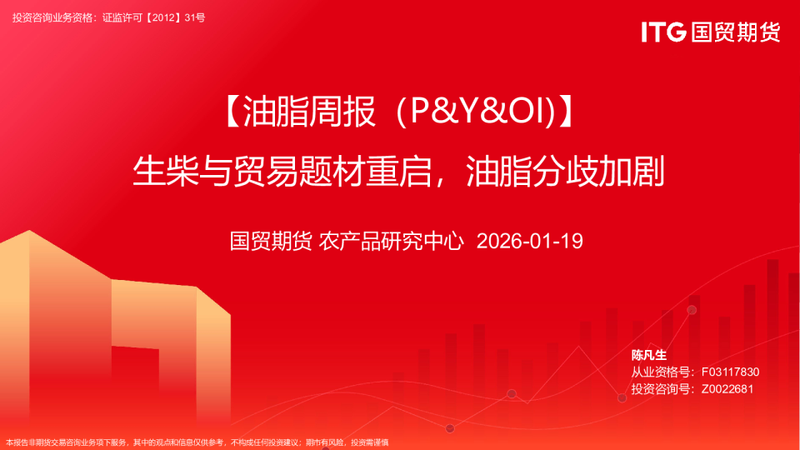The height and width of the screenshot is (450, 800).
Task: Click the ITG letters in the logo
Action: point(663,32)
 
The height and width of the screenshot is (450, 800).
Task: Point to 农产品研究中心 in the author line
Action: point(391,242)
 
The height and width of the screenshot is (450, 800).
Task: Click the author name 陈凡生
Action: point(649,355)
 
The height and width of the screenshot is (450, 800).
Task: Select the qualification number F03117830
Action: point(730,372)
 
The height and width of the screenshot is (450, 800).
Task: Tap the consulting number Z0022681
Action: point(727,388)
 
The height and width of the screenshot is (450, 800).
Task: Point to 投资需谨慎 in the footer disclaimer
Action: point(369,442)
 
